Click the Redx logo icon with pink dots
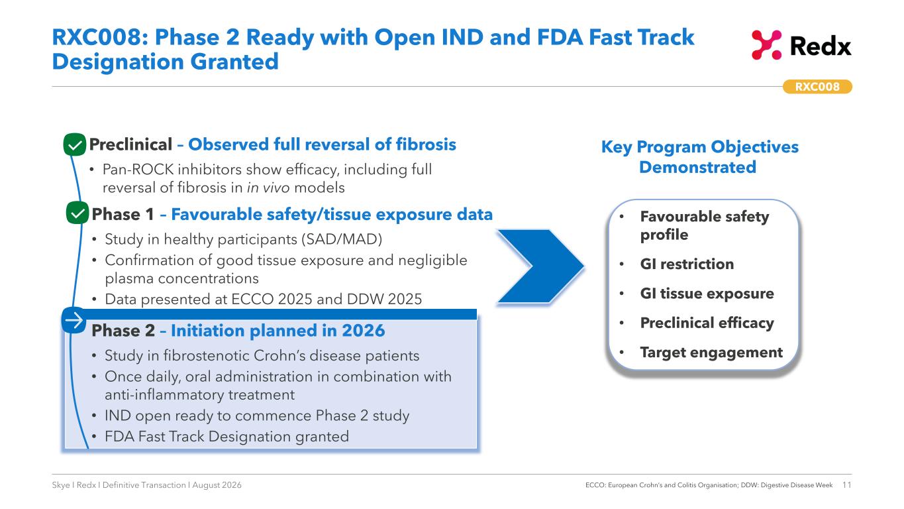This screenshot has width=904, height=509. coord(766,45)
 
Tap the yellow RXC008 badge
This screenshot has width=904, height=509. coord(817,87)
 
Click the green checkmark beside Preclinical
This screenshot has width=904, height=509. coord(75,144)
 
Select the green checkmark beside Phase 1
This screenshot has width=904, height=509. coord(77,213)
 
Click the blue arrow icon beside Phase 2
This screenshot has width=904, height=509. coord(74,320)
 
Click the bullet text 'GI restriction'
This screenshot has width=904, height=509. coord(687,264)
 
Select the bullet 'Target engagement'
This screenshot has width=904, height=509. coord(711,353)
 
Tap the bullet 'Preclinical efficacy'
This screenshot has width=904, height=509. coord(707,323)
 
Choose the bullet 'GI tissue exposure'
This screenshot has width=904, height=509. coord(707,294)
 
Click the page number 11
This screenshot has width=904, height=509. coord(846,484)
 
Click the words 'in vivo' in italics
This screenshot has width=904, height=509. coord(268,188)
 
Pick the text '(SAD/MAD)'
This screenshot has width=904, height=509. coord(342,239)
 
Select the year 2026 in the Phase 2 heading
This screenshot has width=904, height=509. coord(363,331)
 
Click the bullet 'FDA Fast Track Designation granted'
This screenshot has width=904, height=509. coord(226,437)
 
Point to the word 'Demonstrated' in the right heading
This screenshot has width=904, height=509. coord(698,167)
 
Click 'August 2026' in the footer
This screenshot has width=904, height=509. coord(217,484)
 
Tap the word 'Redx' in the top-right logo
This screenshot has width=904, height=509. coord(821,46)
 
